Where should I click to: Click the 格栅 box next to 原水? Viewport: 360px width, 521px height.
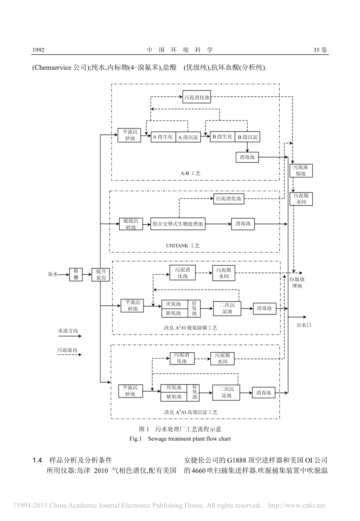click(x=76, y=274)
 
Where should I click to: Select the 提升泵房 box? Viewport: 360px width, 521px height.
click(x=100, y=274)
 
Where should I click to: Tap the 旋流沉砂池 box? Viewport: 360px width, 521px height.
click(x=131, y=224)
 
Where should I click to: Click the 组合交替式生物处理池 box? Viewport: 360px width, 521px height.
click(x=178, y=224)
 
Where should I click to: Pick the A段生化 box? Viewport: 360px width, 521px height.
click(x=163, y=137)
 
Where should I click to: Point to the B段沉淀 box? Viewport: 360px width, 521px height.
click(x=247, y=137)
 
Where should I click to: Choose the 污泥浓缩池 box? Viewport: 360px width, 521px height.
click(x=301, y=171)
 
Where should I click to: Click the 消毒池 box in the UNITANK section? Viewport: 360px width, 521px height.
click(x=243, y=224)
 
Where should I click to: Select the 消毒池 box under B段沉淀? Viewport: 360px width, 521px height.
click(x=247, y=157)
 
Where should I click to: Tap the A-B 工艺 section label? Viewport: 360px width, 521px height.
click(x=190, y=173)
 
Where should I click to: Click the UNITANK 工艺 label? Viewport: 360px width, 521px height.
click(x=182, y=246)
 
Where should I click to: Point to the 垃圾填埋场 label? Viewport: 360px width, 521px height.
click(x=297, y=283)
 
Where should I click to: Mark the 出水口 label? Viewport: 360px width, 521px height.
click(x=304, y=325)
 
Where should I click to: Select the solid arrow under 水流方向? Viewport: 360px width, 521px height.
click(x=70, y=336)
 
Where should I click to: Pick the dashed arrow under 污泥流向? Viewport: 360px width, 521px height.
click(x=70, y=355)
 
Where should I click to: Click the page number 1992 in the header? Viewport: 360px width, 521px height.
click(x=38, y=50)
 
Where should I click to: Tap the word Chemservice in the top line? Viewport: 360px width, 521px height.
click(x=52, y=68)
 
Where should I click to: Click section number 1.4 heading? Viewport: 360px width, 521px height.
click(x=37, y=460)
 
